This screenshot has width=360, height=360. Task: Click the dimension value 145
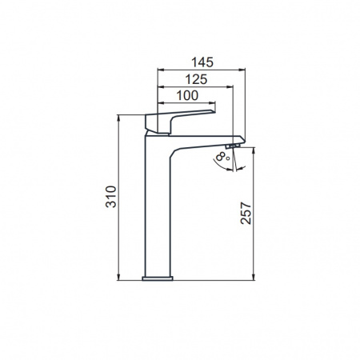pyautogui.click(x=202, y=62)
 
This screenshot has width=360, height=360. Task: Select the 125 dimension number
pyautogui.click(x=196, y=79)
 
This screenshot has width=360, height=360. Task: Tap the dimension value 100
pyautogui.click(x=187, y=95)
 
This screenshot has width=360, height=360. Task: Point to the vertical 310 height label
pyautogui.click(x=111, y=197)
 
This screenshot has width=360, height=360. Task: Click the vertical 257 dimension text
pyautogui.click(x=246, y=214)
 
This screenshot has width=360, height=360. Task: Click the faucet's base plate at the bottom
pyautogui.click(x=158, y=278)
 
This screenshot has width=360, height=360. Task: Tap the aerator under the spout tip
pyautogui.click(x=233, y=146)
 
